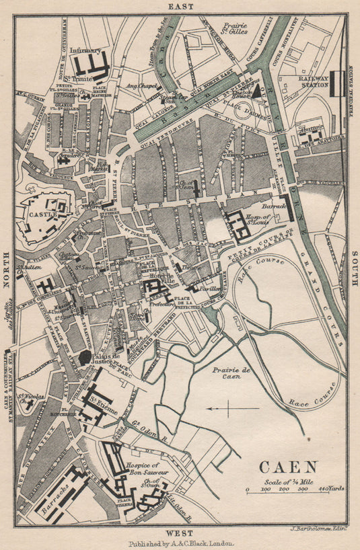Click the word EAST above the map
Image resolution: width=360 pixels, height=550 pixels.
pos(180,6)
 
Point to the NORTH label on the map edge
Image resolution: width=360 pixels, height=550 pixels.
pos(7,270)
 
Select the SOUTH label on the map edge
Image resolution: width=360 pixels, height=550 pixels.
pos(353,270)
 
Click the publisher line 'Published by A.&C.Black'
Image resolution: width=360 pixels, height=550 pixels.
pos(180,543)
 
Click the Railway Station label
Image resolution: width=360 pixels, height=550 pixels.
pos(314,81)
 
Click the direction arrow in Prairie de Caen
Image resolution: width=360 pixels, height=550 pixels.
pos(232,408)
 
